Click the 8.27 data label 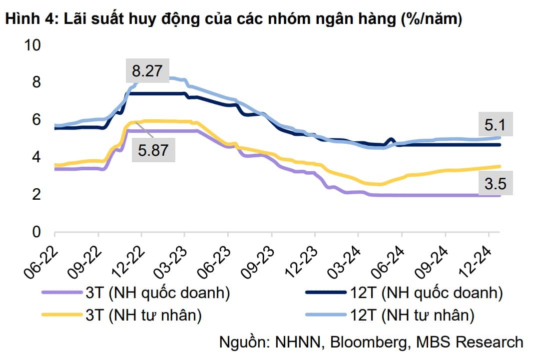pyautogui.click(x=147, y=71)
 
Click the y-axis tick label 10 pyautogui.click(x=31, y=45)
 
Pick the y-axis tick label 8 pyautogui.click(x=35, y=82)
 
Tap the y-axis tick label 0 pyautogui.click(x=35, y=232)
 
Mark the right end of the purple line pyautogui.click(x=500, y=195)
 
